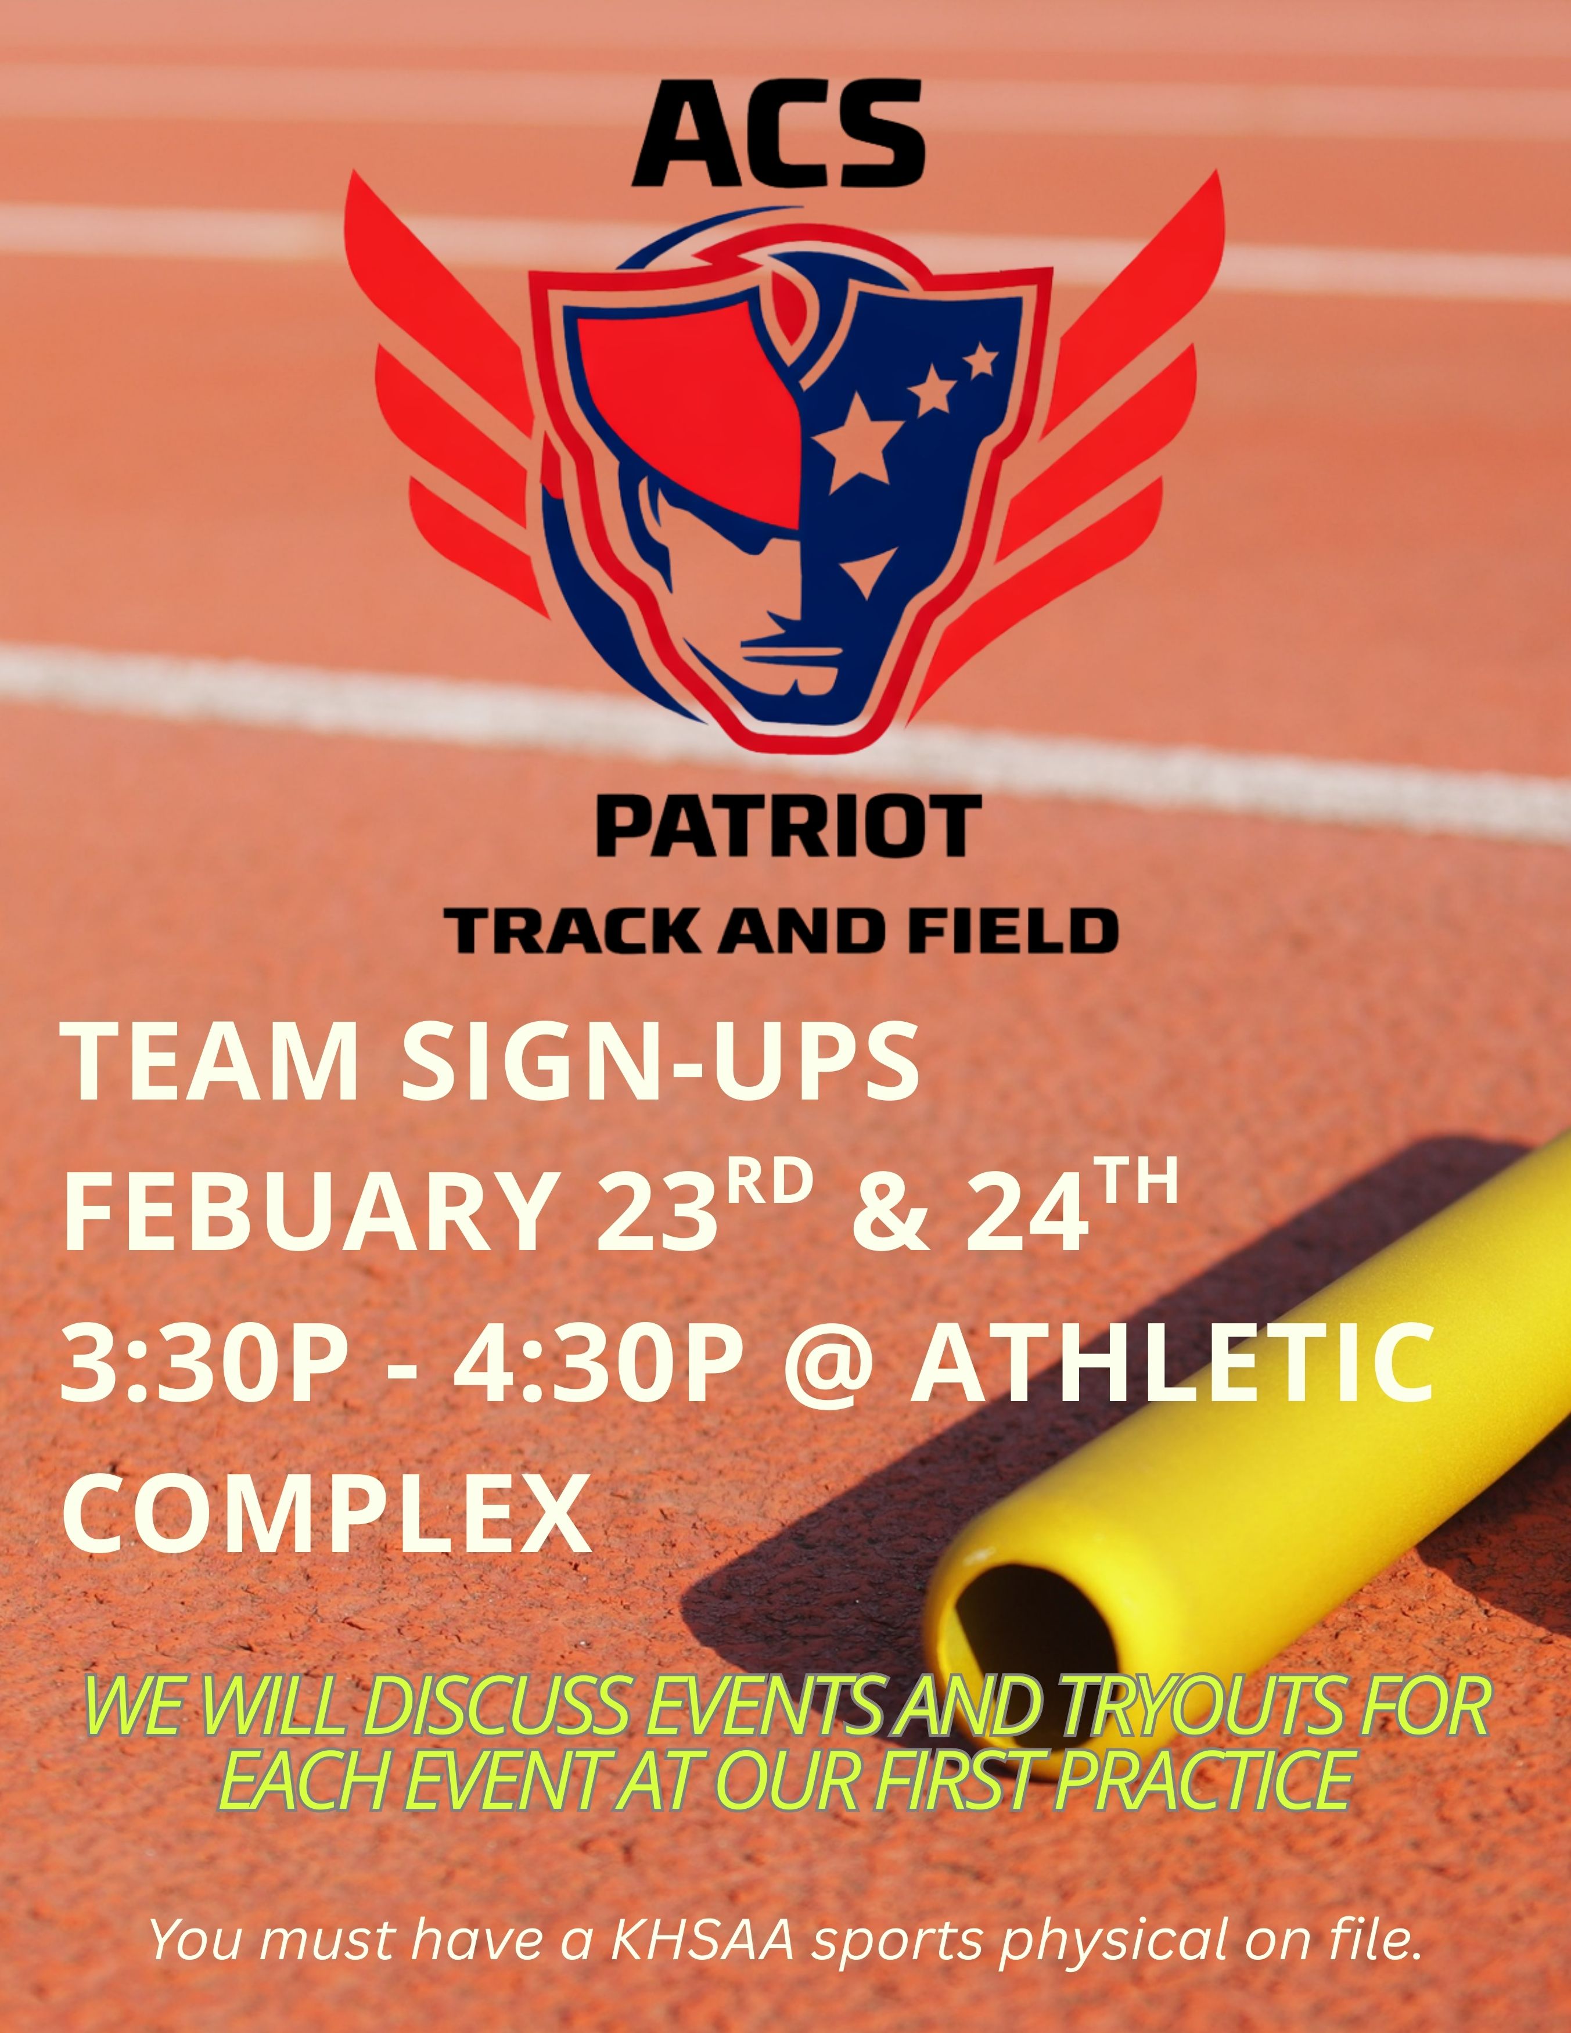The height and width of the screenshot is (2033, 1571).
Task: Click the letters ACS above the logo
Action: [778, 133]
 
